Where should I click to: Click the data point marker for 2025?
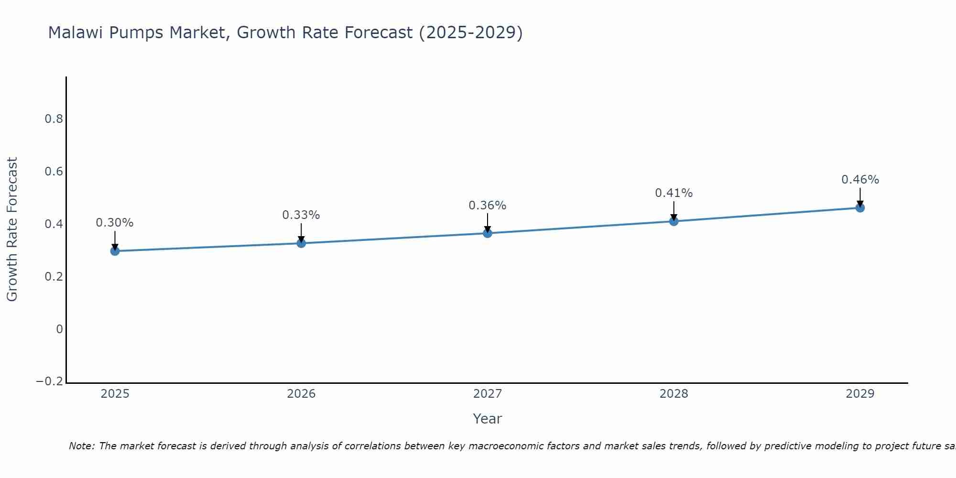click(x=115, y=251)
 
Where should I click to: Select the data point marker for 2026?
click(x=301, y=243)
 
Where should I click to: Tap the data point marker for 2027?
click(x=488, y=233)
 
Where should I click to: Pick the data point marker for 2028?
click(x=674, y=221)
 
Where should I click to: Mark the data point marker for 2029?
click(x=860, y=208)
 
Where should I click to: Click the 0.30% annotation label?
click(x=115, y=223)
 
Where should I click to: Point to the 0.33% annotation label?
click(x=301, y=215)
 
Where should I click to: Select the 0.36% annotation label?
click(x=488, y=206)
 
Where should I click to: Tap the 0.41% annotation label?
click(x=674, y=193)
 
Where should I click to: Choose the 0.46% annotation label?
click(x=860, y=180)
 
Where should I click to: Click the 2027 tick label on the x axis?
click(x=488, y=394)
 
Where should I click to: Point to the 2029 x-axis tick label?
click(x=860, y=394)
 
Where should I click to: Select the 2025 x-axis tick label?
click(x=115, y=394)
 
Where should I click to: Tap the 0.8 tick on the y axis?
click(x=54, y=119)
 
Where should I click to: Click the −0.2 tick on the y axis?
click(x=50, y=381)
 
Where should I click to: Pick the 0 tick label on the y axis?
click(x=59, y=329)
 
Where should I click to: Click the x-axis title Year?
click(x=487, y=419)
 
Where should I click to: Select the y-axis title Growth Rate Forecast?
click(x=12, y=229)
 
